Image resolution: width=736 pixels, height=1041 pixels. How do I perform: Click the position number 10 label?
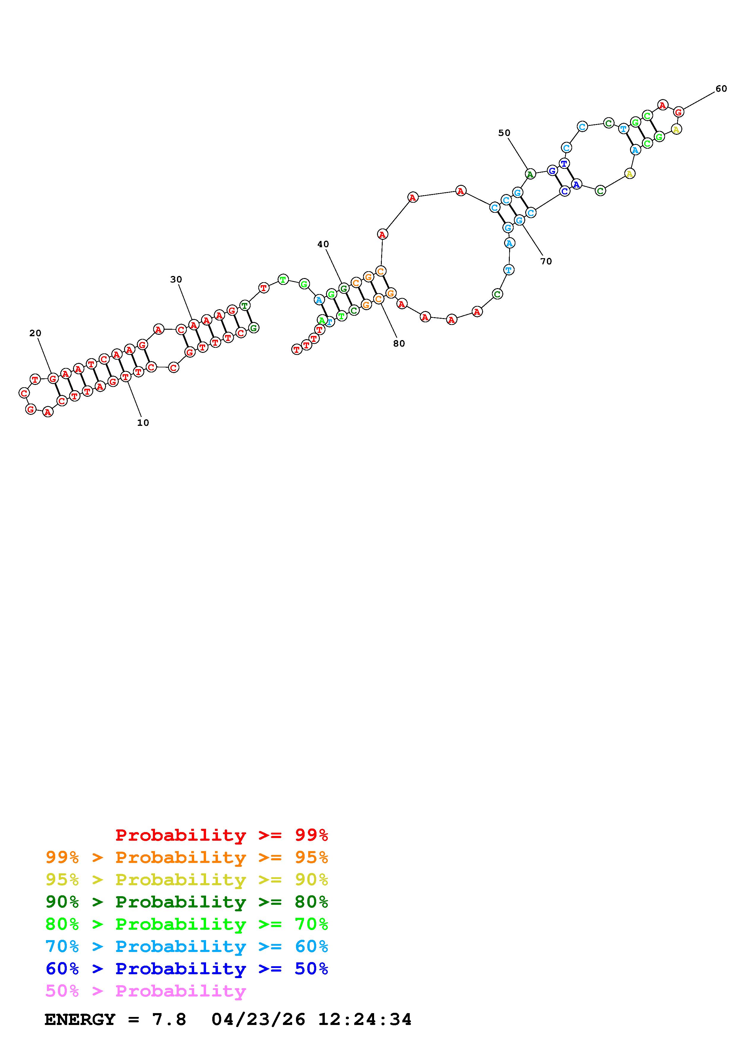pyautogui.click(x=143, y=423)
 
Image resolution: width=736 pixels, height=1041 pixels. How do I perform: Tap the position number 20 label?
pyautogui.click(x=35, y=333)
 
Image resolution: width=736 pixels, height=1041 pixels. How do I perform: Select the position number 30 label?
pyautogui.click(x=176, y=280)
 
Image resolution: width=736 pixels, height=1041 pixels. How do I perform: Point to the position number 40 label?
pyautogui.click(x=323, y=245)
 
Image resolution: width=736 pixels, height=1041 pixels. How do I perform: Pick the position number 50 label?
pyautogui.click(x=504, y=133)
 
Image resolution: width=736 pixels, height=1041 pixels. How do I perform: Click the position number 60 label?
pyautogui.click(x=721, y=89)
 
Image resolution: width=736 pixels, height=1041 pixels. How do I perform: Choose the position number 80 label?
pyautogui.click(x=399, y=344)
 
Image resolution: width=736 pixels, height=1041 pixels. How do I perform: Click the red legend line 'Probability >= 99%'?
pyautogui.click(x=222, y=835)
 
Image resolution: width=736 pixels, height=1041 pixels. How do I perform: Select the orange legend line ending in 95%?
pyautogui.click(x=187, y=857)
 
